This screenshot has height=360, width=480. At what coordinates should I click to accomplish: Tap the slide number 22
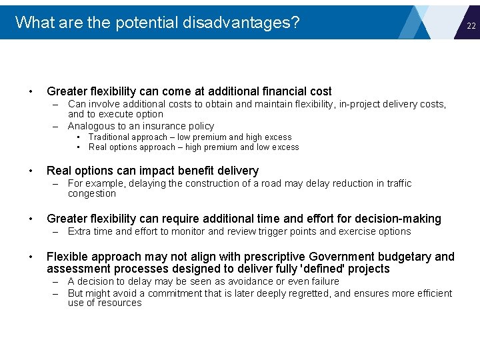coord(471,26)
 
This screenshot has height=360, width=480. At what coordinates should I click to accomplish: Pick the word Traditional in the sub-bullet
coord(111,137)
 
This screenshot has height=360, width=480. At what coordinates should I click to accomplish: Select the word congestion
coord(92,193)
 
